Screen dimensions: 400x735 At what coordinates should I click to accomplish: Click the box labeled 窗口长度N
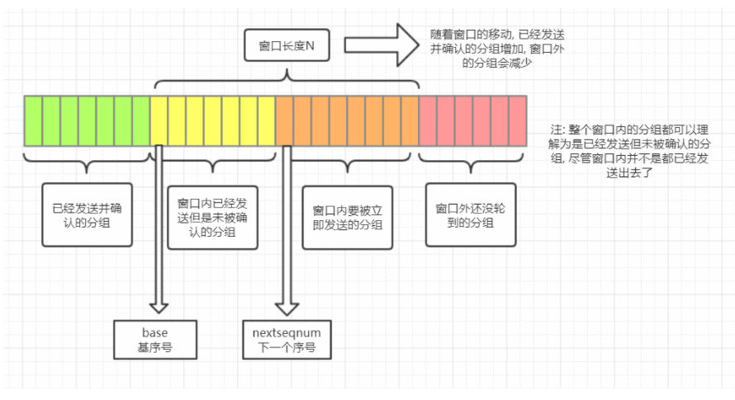point(287,45)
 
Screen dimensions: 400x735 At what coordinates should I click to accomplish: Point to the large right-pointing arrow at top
point(382,45)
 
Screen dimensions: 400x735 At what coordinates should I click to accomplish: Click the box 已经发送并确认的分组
point(87,214)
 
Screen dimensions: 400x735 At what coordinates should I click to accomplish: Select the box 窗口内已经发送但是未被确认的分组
point(212,217)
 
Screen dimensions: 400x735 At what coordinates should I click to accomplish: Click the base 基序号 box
point(154,339)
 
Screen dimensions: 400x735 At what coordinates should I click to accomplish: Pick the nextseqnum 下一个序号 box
point(286,339)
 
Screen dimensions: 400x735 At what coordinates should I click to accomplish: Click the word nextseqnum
point(286,332)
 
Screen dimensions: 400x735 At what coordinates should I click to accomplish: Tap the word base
point(154,332)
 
